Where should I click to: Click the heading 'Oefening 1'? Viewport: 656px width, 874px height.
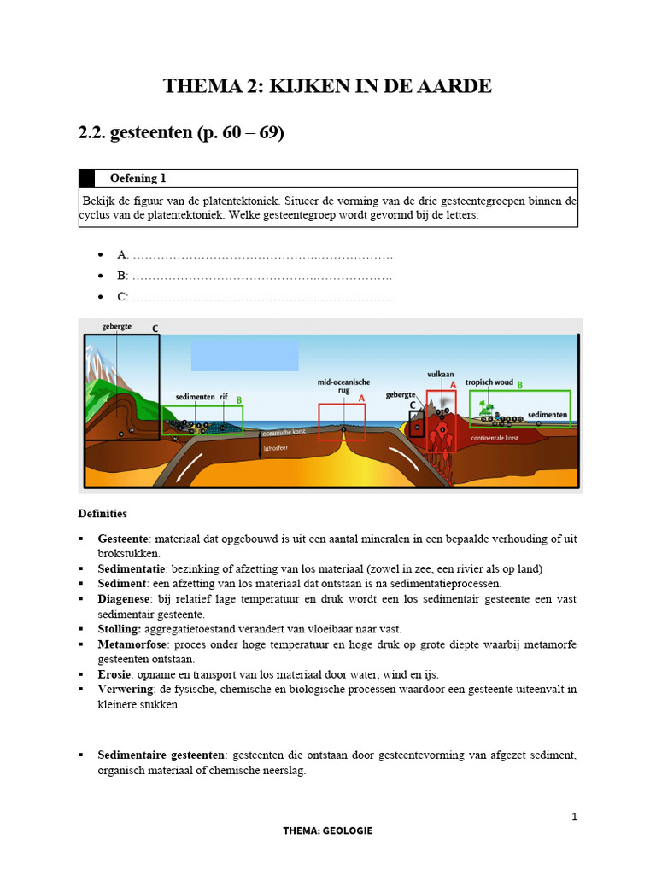coord(138,178)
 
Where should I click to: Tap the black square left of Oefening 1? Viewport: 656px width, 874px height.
coord(87,178)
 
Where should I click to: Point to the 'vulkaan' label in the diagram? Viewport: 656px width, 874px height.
coord(442,374)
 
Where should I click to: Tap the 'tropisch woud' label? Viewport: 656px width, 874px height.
coord(489,384)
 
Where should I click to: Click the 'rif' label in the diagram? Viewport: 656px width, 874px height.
coord(223,397)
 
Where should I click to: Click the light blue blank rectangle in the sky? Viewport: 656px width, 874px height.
coord(244,356)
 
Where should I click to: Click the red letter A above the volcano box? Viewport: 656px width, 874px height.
coord(453,385)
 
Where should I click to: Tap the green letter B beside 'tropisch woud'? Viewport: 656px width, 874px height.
coord(519,385)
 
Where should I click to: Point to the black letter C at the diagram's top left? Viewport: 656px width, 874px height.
coord(155,329)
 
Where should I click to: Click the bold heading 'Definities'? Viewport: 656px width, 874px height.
coord(102,514)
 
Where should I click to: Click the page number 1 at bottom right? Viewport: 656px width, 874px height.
coord(575,817)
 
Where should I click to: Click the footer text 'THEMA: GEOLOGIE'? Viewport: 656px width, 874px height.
coord(328,830)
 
